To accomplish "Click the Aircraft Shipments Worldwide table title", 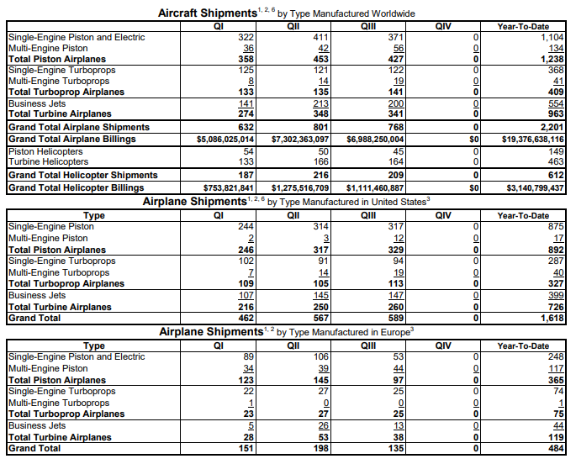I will [286, 13].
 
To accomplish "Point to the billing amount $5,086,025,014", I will [225, 138].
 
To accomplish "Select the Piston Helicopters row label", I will [40, 150].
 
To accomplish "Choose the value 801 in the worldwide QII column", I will [294, 126].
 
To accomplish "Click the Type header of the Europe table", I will [94, 345].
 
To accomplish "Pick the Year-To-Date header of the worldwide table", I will [523, 26].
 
